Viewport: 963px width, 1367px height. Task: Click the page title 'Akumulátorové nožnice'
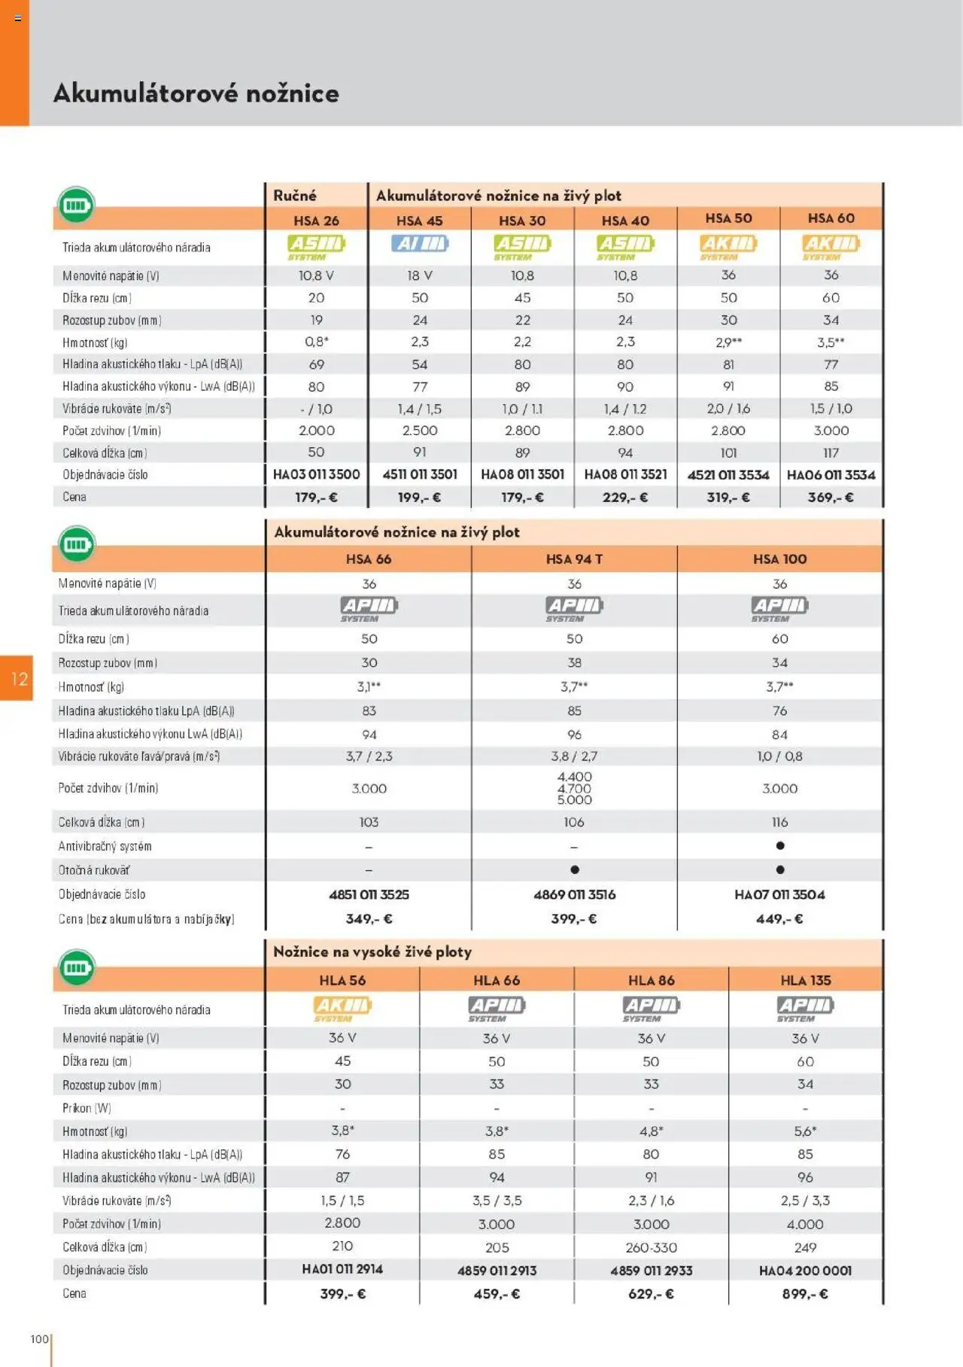[196, 93]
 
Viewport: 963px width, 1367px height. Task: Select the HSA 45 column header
[419, 221]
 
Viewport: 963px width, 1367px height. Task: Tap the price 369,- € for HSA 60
[831, 497]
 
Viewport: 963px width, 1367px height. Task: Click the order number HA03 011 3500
[316, 474]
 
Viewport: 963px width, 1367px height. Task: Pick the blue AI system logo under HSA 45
[419, 244]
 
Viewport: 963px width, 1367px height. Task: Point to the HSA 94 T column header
[574, 559]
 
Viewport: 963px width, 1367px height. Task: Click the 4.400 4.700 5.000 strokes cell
[574, 788]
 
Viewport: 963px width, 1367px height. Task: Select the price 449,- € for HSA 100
[779, 918]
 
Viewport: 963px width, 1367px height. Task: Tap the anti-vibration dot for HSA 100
[779, 846]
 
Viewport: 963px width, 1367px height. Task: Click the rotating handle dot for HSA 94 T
[575, 869]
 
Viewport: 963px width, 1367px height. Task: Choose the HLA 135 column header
[805, 980]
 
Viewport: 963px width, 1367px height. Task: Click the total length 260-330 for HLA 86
[651, 1247]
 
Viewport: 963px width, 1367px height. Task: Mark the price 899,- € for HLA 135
[805, 1294]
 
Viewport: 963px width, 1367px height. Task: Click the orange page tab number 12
[18, 679]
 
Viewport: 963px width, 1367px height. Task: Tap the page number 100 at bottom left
[39, 1339]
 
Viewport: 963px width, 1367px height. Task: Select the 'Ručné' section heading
[295, 196]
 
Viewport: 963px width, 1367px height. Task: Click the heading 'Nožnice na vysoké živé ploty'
[372, 951]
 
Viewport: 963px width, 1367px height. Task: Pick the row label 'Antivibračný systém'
[105, 846]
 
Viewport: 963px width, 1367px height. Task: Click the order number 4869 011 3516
[574, 894]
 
